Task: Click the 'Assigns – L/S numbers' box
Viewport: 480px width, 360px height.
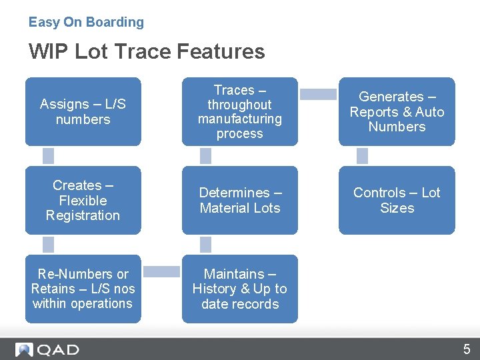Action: (83, 112)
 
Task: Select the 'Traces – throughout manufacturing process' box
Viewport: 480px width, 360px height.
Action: (239, 112)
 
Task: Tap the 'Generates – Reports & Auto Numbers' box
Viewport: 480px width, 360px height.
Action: (397, 112)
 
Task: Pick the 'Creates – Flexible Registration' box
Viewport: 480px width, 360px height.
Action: (83, 201)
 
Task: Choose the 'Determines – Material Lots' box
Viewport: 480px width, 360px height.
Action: (239, 201)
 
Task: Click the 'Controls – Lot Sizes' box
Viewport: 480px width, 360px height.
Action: (397, 201)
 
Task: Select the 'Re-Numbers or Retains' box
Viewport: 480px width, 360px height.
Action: (83, 289)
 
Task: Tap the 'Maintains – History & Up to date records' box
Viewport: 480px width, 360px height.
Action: (239, 289)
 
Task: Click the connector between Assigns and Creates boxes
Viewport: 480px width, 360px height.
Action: (48, 156)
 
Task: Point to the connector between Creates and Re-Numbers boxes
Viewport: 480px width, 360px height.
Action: (48, 244)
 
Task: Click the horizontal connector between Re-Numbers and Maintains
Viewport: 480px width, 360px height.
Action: (161, 271)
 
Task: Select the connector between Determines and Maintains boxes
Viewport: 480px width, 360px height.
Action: (205, 244)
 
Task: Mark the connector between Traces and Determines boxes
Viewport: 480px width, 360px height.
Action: (205, 156)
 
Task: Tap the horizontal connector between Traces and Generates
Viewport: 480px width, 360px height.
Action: (318, 95)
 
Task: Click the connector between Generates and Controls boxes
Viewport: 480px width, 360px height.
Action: (362, 156)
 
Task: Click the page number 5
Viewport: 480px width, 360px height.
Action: (467, 349)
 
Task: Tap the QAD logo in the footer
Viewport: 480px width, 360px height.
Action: (47, 349)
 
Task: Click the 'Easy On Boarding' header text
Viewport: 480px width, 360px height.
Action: (86, 22)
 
